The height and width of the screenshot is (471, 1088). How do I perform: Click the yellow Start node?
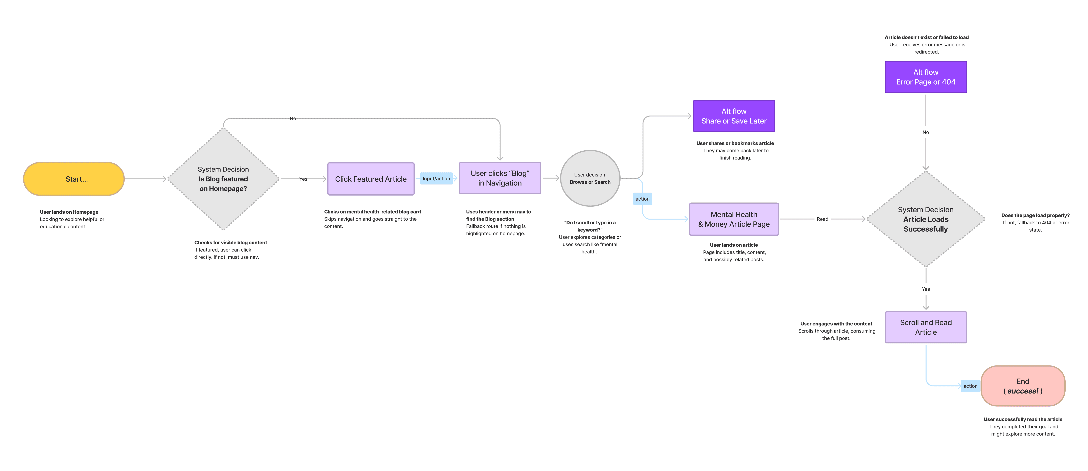click(x=74, y=179)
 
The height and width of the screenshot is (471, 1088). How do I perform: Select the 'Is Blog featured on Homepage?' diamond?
click(x=223, y=179)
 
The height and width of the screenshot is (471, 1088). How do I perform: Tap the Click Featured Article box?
click(x=371, y=179)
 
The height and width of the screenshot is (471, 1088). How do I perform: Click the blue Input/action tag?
click(x=436, y=179)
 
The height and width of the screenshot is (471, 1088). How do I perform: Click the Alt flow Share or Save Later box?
click(x=734, y=116)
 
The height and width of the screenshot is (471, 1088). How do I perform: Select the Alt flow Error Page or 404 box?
click(x=926, y=77)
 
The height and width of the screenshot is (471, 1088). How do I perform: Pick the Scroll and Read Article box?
click(x=926, y=327)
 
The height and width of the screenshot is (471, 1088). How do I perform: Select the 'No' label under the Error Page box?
click(x=926, y=132)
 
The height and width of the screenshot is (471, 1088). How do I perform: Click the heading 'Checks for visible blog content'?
click(x=231, y=243)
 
